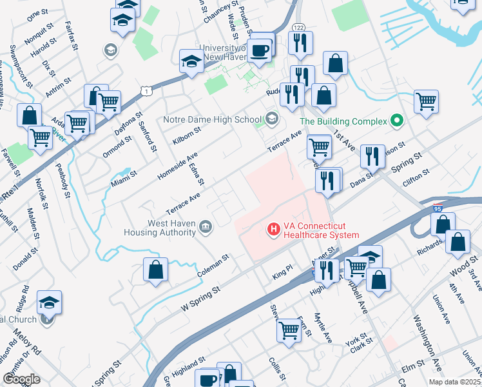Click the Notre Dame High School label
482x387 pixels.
click(x=212, y=119)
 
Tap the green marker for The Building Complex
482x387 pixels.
click(x=397, y=121)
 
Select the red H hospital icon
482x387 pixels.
click(x=274, y=228)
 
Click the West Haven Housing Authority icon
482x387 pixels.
click(x=205, y=226)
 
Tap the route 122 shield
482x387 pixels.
click(x=298, y=26)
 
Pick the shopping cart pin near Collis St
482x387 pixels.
click(x=288, y=331)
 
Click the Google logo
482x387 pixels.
click(x=22, y=379)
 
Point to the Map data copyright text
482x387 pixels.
click(x=454, y=382)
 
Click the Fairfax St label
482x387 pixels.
click(x=71, y=35)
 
